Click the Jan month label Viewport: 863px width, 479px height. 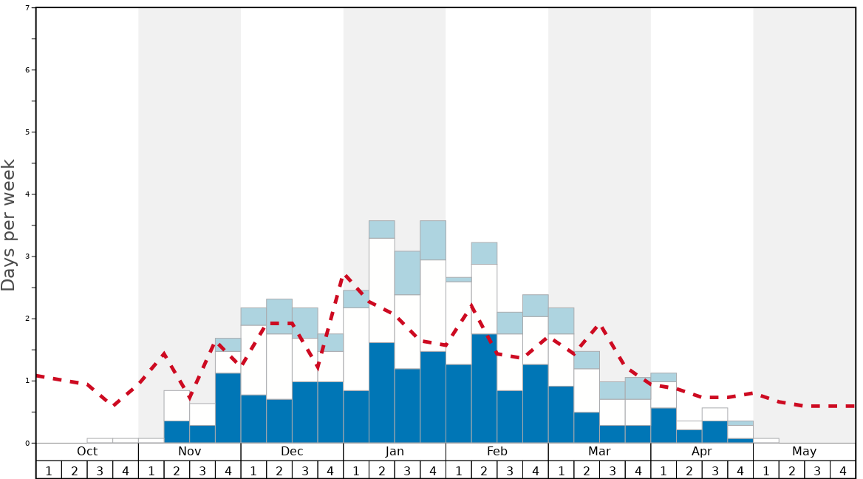pos(395,452)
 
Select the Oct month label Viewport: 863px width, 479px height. pos(87,452)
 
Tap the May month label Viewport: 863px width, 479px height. pos(804,452)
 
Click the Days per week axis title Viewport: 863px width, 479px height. pos(9,225)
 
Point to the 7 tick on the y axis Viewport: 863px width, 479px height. pos(27,8)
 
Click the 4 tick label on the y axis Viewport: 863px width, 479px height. pos(27,194)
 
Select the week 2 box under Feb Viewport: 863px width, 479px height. pos(484,470)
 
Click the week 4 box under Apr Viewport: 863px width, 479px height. pos(740,470)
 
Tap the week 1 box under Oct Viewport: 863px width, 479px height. pos(49,470)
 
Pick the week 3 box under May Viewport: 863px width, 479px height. pos(817,470)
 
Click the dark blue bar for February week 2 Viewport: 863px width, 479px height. pos(484,388)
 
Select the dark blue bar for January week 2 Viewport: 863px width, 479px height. pos(381,393)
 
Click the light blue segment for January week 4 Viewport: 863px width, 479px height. pos(433,240)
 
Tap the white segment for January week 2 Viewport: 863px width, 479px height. pos(381,290)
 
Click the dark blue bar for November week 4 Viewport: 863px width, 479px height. pos(228,407)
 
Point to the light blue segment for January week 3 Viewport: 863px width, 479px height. pos(407,273)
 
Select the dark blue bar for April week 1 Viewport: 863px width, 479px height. pos(664,425)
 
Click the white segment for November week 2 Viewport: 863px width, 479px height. pos(177,406)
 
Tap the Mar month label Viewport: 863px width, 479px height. pos(599,452)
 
